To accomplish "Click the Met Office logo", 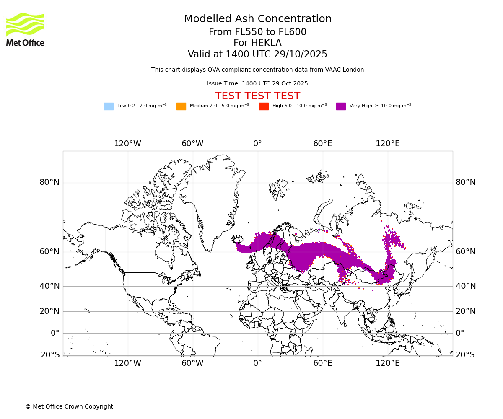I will tap(25, 29).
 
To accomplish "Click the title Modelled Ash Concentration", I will tap(257, 19).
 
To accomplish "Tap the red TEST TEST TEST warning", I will tap(257, 96).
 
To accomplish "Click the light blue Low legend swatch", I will tap(109, 106).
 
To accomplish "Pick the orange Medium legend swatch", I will tap(181, 106).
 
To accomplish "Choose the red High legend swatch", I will tap(264, 106).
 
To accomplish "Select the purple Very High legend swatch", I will tap(341, 106).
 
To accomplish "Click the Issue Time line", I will tap(257, 84).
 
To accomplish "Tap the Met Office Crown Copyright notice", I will tap(69, 407).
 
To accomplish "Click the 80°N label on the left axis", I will tap(49, 182).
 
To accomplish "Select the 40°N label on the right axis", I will tap(466, 286).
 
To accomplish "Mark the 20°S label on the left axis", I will tap(50, 355).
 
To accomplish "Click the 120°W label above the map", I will tap(128, 144).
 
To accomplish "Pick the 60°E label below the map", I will tap(323, 363).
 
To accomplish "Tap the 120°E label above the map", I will tap(388, 144).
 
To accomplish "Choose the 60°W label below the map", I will tap(192, 363).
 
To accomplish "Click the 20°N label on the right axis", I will tap(466, 311).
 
